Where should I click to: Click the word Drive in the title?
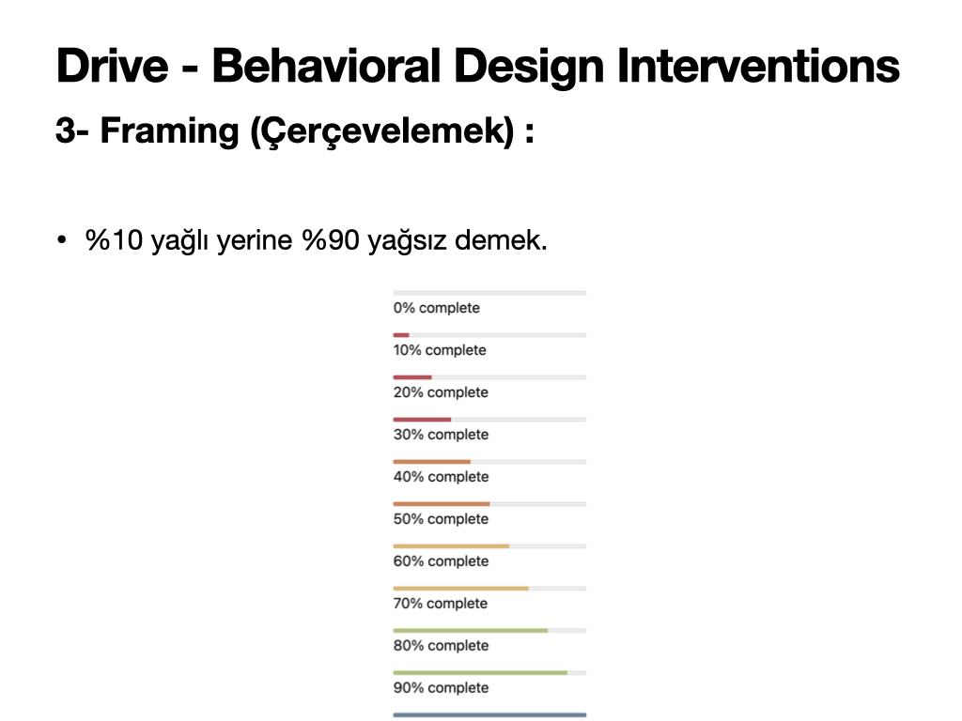coord(113,66)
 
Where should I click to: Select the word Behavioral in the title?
coord(326,66)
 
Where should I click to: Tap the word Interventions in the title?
coord(758,66)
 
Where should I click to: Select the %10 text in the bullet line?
coord(114,239)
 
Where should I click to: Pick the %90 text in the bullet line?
coord(331,239)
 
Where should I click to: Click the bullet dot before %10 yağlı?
coord(61,239)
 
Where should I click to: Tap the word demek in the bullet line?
coord(501,239)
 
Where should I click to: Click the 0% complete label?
coord(436,308)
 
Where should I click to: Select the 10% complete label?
coord(440,350)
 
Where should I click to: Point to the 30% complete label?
coord(441,435)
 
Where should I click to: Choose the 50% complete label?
coord(441,519)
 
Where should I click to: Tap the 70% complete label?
coord(440,604)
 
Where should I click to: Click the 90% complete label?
coord(441,688)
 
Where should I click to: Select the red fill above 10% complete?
coord(401,335)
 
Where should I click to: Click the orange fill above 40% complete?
coord(432,462)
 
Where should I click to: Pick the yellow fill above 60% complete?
coord(451,546)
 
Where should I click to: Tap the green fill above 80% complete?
coord(471,631)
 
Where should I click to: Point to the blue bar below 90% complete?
coord(489,714)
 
